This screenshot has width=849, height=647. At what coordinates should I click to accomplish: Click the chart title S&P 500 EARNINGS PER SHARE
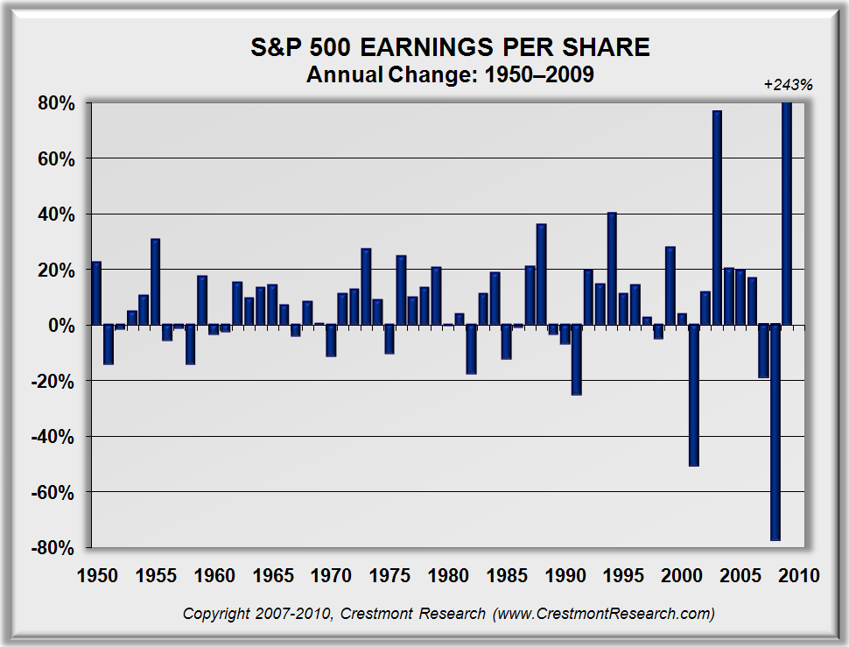pos(449,48)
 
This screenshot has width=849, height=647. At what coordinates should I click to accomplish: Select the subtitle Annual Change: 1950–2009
pos(450,75)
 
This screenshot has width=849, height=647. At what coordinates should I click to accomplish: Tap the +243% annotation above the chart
pos(789,85)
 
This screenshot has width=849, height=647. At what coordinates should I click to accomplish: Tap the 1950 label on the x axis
pos(96,576)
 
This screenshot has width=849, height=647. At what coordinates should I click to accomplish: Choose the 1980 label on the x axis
pos(447,576)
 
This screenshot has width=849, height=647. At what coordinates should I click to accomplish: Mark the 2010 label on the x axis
pos(798,576)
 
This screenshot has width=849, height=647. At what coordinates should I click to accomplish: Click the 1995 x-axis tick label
pos(623,576)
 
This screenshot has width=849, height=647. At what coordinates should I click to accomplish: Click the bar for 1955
pos(155,282)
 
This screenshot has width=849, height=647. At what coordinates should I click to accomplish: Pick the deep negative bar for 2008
pos(775,433)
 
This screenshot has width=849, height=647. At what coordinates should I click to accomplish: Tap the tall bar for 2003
pos(717,218)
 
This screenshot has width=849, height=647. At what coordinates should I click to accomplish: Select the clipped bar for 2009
pos(787,214)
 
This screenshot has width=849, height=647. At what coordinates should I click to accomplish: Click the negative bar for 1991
pos(576,360)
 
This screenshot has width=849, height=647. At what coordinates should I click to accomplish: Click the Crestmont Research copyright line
pos(448,614)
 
